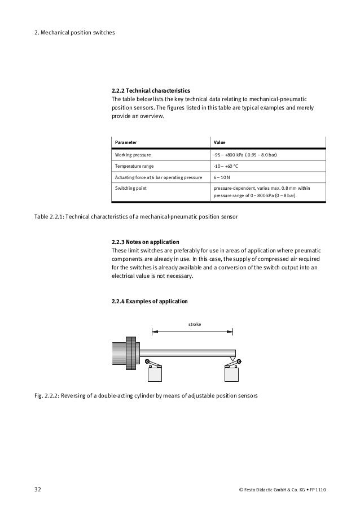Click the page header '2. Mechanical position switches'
pos(74,32)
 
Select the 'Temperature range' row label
pos(134,167)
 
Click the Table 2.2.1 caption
pos(137,217)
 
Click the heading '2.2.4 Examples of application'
pos(150,301)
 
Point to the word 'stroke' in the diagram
pos(194,324)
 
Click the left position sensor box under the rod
pos(155,374)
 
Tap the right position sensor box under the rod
pos(231,374)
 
